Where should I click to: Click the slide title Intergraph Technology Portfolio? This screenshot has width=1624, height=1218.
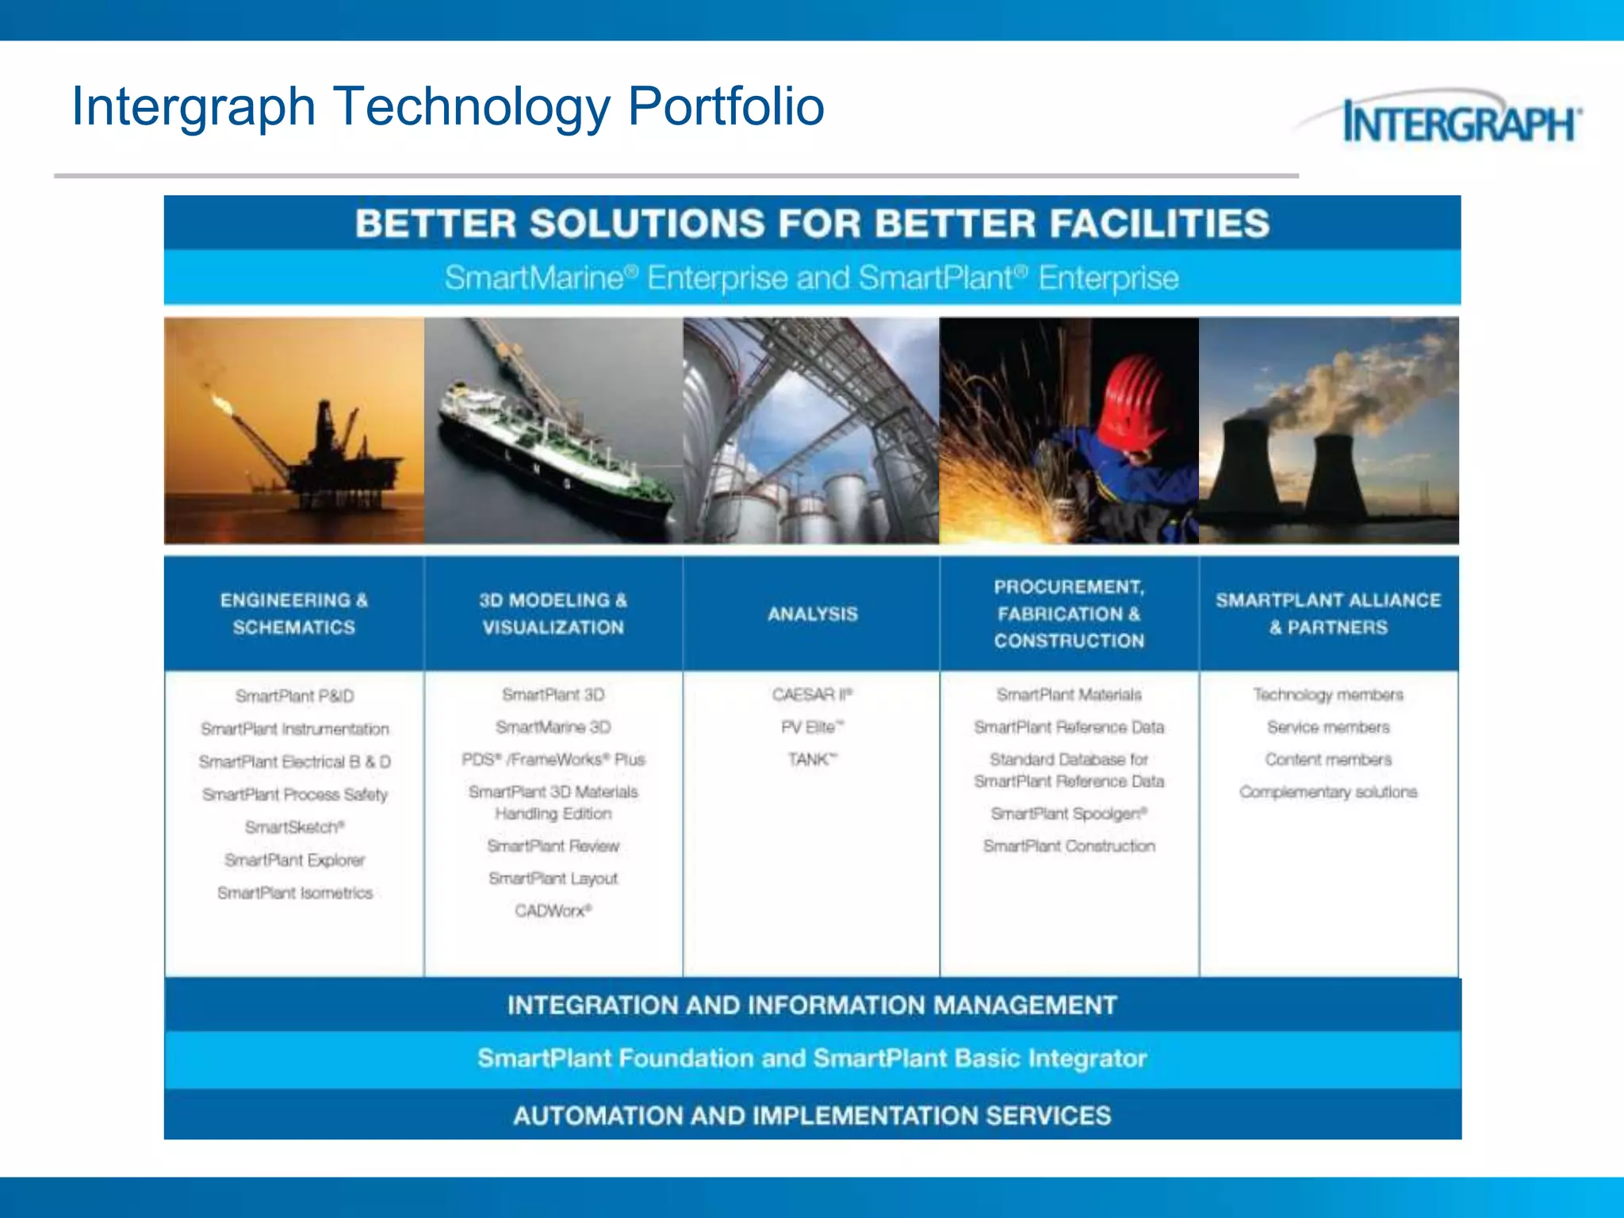(448, 106)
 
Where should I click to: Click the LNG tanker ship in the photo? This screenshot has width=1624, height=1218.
(547, 452)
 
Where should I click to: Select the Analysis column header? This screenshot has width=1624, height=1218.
(812, 614)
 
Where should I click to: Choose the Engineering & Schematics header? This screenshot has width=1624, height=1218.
(294, 614)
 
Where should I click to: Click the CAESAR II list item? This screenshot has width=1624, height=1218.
(811, 695)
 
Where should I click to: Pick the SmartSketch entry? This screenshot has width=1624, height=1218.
(294, 827)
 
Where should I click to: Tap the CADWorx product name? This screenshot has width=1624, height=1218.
(553, 910)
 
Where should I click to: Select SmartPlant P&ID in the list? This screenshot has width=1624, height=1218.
(294, 696)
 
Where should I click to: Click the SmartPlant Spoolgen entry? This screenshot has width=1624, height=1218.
(1069, 814)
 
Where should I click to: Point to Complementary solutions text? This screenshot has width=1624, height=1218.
(1328, 792)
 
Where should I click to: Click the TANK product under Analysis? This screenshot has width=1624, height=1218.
(811, 760)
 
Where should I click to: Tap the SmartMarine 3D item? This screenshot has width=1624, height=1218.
(553, 727)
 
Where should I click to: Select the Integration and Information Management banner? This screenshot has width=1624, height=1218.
(812, 1005)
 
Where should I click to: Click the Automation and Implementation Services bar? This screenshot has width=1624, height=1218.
(812, 1116)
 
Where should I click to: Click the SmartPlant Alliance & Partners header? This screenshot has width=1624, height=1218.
(1328, 614)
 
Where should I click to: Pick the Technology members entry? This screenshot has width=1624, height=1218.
(1328, 695)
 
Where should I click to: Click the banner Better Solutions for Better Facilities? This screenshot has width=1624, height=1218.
(812, 224)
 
